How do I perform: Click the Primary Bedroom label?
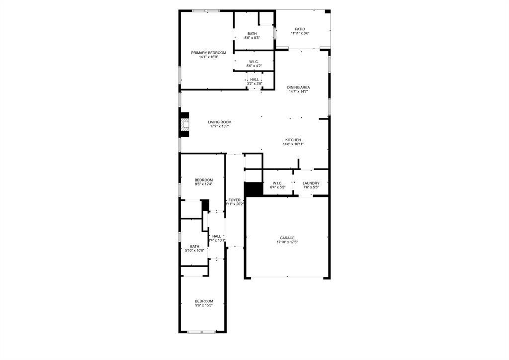[x=209, y=53]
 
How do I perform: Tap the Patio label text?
[x=300, y=29]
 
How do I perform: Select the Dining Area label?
[x=298, y=88]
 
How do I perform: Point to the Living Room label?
[x=219, y=122]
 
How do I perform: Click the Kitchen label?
[x=293, y=140]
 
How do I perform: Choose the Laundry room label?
[x=311, y=183]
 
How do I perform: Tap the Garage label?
[x=287, y=238]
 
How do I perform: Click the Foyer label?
[x=235, y=200]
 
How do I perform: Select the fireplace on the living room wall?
[x=185, y=125]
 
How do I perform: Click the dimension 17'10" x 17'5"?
[x=287, y=243]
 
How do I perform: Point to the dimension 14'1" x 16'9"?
[x=209, y=57]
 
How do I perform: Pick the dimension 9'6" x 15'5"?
[x=204, y=306]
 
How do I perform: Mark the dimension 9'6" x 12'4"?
[x=204, y=184]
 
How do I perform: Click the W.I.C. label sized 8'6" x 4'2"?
[x=254, y=62]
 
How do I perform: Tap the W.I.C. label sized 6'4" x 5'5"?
[x=277, y=183]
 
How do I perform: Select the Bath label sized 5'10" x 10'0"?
[x=194, y=246]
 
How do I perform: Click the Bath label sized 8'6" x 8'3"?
[x=253, y=34]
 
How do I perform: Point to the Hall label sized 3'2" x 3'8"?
[x=254, y=80]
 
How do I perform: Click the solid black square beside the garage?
[x=254, y=189]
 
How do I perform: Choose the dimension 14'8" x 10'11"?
[x=293, y=144]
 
